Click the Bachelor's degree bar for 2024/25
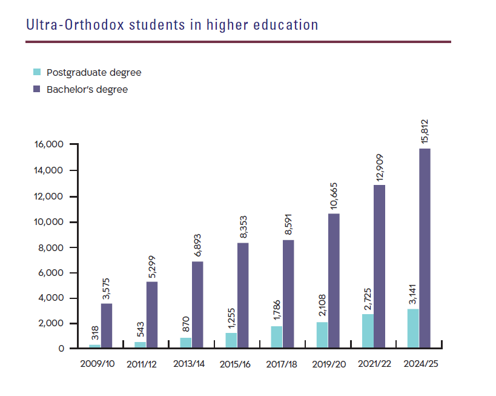click(x=425, y=249)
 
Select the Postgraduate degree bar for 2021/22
click(x=368, y=331)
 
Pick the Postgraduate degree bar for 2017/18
click(x=277, y=337)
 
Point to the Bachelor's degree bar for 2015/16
click(x=242, y=295)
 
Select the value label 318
click(x=95, y=333)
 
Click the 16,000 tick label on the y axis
click(x=49, y=146)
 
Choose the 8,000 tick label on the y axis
click(x=51, y=247)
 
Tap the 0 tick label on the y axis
click(x=61, y=349)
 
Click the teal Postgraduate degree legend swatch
click(x=37, y=72)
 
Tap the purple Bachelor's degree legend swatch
click(x=37, y=89)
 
